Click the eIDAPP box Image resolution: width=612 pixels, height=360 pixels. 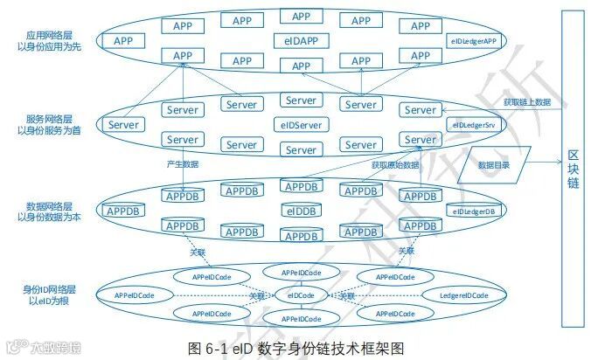pos(301,40)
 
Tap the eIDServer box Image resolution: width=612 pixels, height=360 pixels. pos(301,125)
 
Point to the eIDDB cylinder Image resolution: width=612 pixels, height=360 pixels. pos(301,211)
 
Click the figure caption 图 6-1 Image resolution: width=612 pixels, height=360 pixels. pos(296,348)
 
